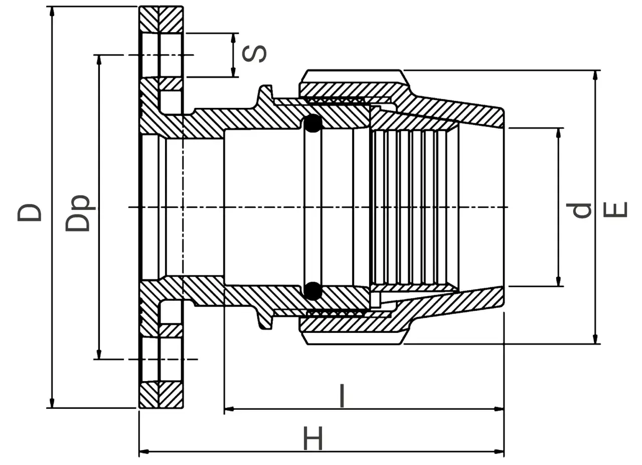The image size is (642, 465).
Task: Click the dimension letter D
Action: point(29,213)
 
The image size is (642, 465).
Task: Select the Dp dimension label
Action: point(77,213)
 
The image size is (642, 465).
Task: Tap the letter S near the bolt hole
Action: point(254,54)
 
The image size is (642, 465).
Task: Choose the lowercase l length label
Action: point(342,396)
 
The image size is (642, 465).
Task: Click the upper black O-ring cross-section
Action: point(313,124)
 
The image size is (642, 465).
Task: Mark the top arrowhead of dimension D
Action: point(52,12)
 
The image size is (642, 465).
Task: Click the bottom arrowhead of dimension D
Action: point(52,402)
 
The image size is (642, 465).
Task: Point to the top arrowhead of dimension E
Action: point(595,75)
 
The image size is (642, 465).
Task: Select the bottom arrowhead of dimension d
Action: point(558,281)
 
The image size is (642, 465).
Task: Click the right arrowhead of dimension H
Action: point(499,452)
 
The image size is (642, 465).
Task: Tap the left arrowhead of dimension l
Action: point(229,409)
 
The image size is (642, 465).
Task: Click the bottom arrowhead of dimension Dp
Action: point(99,354)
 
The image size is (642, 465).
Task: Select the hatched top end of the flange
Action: point(162,19)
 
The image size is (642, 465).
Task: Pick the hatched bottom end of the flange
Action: point(162,395)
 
